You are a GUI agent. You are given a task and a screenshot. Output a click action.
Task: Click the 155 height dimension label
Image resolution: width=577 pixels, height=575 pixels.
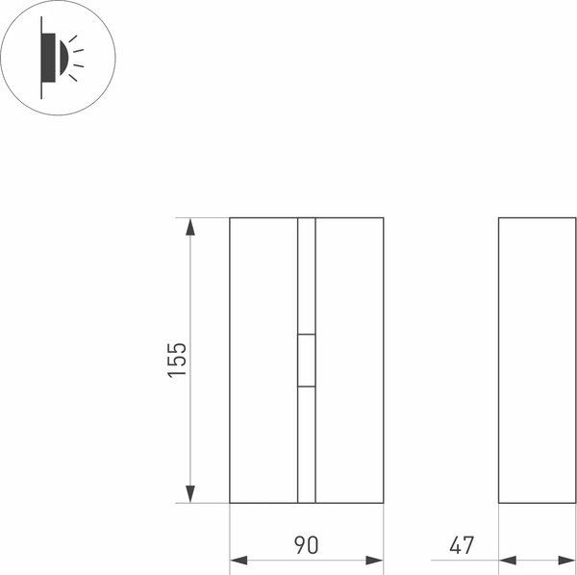pyautogui.click(x=177, y=361)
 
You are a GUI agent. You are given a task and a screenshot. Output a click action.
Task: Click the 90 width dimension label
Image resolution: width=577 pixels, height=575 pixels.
pyautogui.click(x=306, y=545)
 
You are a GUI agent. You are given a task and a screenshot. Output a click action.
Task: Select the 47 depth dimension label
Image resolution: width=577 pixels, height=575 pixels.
pyautogui.click(x=462, y=545)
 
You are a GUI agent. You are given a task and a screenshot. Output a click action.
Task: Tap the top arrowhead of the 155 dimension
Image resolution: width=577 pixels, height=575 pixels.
pyautogui.click(x=189, y=227)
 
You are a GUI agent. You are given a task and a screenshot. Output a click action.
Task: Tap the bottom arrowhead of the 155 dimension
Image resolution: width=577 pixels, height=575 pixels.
pyautogui.click(x=189, y=494)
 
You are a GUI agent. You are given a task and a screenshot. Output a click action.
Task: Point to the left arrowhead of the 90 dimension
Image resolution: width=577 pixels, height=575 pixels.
pyautogui.click(x=238, y=561)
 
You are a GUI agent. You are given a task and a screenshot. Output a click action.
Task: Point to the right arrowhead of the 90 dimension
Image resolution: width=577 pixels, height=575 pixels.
pyautogui.click(x=375, y=561)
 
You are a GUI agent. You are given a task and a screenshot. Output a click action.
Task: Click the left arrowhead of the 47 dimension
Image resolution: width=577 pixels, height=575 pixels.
pyautogui.click(x=508, y=561)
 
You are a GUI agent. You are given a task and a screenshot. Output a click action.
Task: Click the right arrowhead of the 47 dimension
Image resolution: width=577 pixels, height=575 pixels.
pyautogui.click(x=567, y=561)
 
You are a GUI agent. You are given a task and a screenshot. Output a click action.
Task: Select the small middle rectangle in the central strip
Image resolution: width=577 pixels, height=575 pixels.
pyautogui.click(x=307, y=361)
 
